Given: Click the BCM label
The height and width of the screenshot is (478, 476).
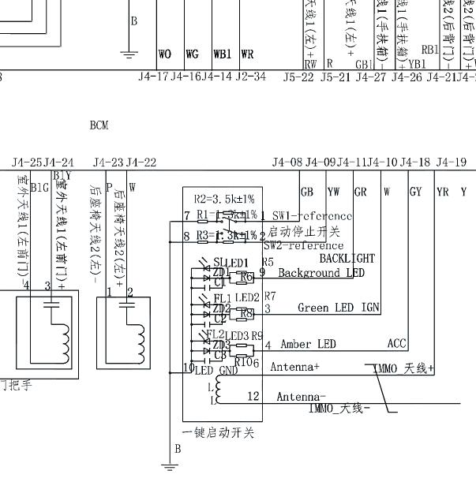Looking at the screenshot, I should click(99, 125).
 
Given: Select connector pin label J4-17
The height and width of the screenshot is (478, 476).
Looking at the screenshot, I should click(153, 77).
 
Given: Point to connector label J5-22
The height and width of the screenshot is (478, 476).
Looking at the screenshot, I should click(298, 77).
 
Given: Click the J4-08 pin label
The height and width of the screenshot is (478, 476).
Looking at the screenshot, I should click(287, 162).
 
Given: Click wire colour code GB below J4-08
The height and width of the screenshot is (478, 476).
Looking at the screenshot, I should click(307, 191).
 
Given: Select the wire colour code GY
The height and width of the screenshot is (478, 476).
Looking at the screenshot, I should click(416, 191).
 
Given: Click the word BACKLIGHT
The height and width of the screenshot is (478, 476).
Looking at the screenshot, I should click(347, 258).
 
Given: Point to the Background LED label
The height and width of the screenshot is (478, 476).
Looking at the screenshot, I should click(320, 273).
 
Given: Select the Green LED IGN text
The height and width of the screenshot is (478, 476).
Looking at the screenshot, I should click(339, 308).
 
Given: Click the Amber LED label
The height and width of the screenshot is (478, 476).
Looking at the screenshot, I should click(308, 344).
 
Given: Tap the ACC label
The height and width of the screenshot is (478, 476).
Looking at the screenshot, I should click(397, 344).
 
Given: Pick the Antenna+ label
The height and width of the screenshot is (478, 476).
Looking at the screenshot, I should click(294, 367).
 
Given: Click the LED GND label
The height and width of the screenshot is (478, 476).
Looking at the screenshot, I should click(216, 371).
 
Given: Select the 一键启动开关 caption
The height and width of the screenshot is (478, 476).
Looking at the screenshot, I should click(218, 433).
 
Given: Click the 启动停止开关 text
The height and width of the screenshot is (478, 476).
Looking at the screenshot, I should click(304, 231).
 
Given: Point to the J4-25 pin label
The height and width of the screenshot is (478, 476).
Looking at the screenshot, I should click(27, 162).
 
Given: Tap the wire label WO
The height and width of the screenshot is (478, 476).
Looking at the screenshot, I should click(165, 54).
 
